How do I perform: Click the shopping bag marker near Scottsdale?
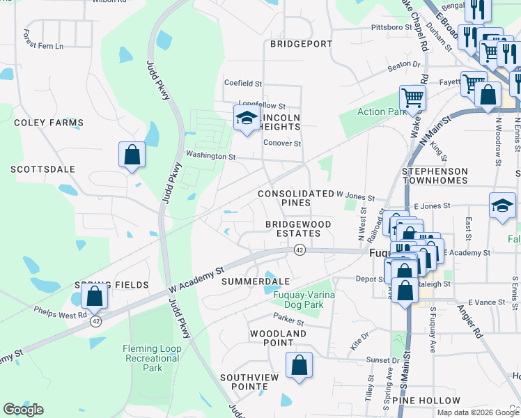[132, 155]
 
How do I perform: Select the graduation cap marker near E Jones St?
[501, 206]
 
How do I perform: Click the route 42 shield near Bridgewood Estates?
[300, 250]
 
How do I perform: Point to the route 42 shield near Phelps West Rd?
[95, 321]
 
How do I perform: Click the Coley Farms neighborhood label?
[48, 123]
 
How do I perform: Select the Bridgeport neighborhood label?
[301, 44]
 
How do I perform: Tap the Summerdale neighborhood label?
[255, 281]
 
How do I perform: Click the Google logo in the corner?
[23, 410]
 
